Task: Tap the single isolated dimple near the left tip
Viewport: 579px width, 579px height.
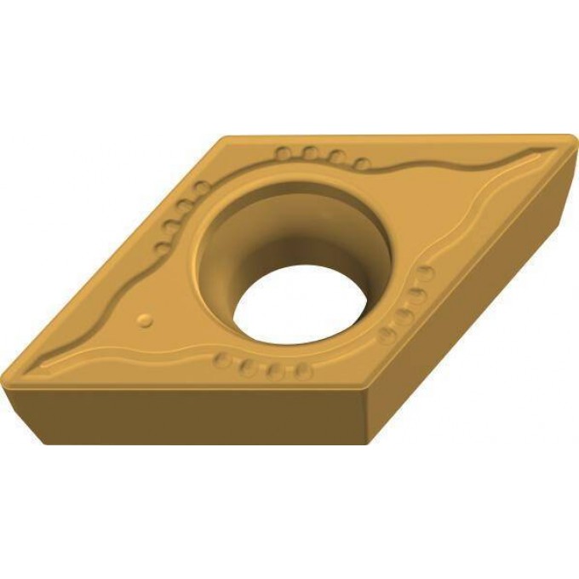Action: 146,320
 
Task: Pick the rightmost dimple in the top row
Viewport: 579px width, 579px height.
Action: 363,163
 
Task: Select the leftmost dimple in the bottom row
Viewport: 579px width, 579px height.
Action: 223,361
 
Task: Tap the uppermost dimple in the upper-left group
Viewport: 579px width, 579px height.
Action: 200,187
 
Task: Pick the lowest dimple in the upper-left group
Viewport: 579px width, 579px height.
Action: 160,249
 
